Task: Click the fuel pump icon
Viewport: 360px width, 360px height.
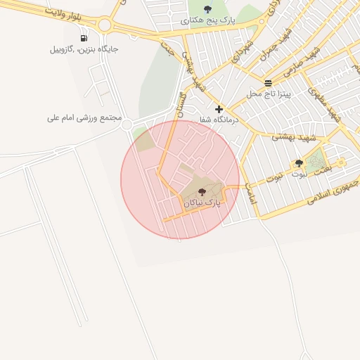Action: (x=84, y=38)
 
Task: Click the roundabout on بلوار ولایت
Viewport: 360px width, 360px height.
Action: (x=105, y=25)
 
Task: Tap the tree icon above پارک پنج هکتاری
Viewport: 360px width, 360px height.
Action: (x=207, y=9)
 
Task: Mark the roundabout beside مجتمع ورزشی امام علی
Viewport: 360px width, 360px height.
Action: (x=127, y=126)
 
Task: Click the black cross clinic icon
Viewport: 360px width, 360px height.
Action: (x=219, y=109)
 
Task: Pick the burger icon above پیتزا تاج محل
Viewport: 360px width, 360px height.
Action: (x=268, y=83)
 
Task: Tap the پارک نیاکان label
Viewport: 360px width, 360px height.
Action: (x=202, y=202)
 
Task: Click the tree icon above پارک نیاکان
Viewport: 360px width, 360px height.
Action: (x=202, y=191)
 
